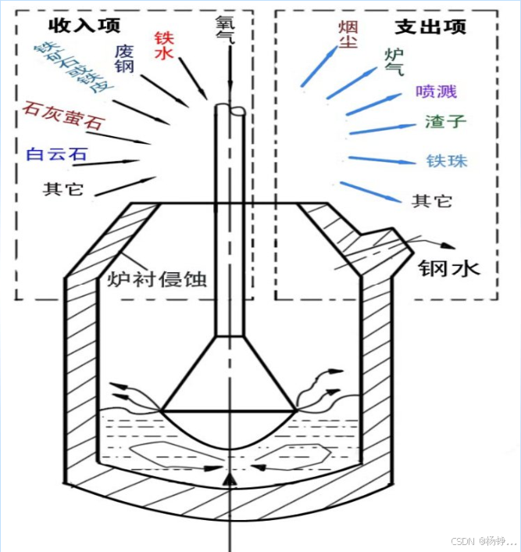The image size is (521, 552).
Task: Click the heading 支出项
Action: pyautogui.click(x=430, y=25)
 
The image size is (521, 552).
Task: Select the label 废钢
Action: pyautogui.click(x=124, y=59)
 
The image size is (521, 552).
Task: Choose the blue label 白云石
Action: pyautogui.click(x=56, y=153)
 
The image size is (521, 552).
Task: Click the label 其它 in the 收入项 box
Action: pyautogui.click(x=62, y=189)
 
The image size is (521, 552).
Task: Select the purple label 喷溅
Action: pyautogui.click(x=436, y=91)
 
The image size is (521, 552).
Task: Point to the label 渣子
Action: pyautogui.click(x=445, y=122)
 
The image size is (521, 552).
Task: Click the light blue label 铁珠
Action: pyautogui.click(x=447, y=161)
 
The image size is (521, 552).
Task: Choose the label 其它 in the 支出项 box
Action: pyautogui.click(x=431, y=200)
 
